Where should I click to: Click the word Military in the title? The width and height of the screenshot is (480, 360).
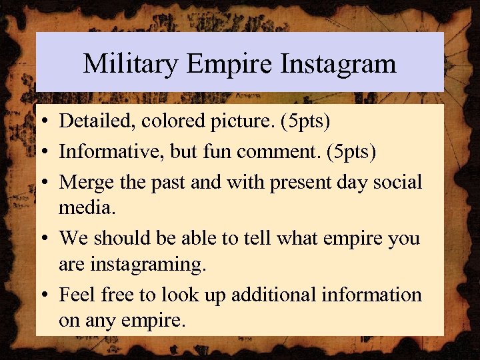point(131,64)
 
